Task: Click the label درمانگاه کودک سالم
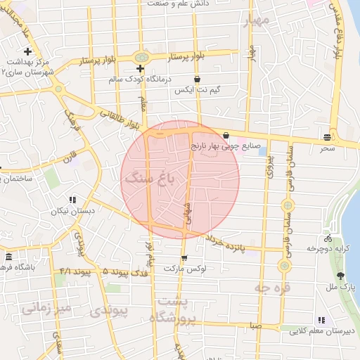[x=141, y=79]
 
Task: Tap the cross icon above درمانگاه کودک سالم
[x=141, y=69]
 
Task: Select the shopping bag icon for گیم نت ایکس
[x=196, y=79]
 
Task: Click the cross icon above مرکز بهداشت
[x=27, y=51]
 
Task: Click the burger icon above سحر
[x=328, y=137]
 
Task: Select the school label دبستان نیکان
[x=67, y=210]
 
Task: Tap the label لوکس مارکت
[x=184, y=269]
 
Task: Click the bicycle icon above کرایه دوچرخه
[x=327, y=238]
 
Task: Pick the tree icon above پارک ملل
[x=341, y=276]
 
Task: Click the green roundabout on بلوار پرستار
[x=143, y=56]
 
